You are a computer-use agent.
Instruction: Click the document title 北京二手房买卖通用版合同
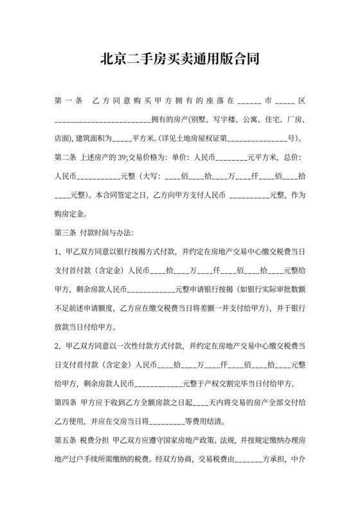pos(179,60)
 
